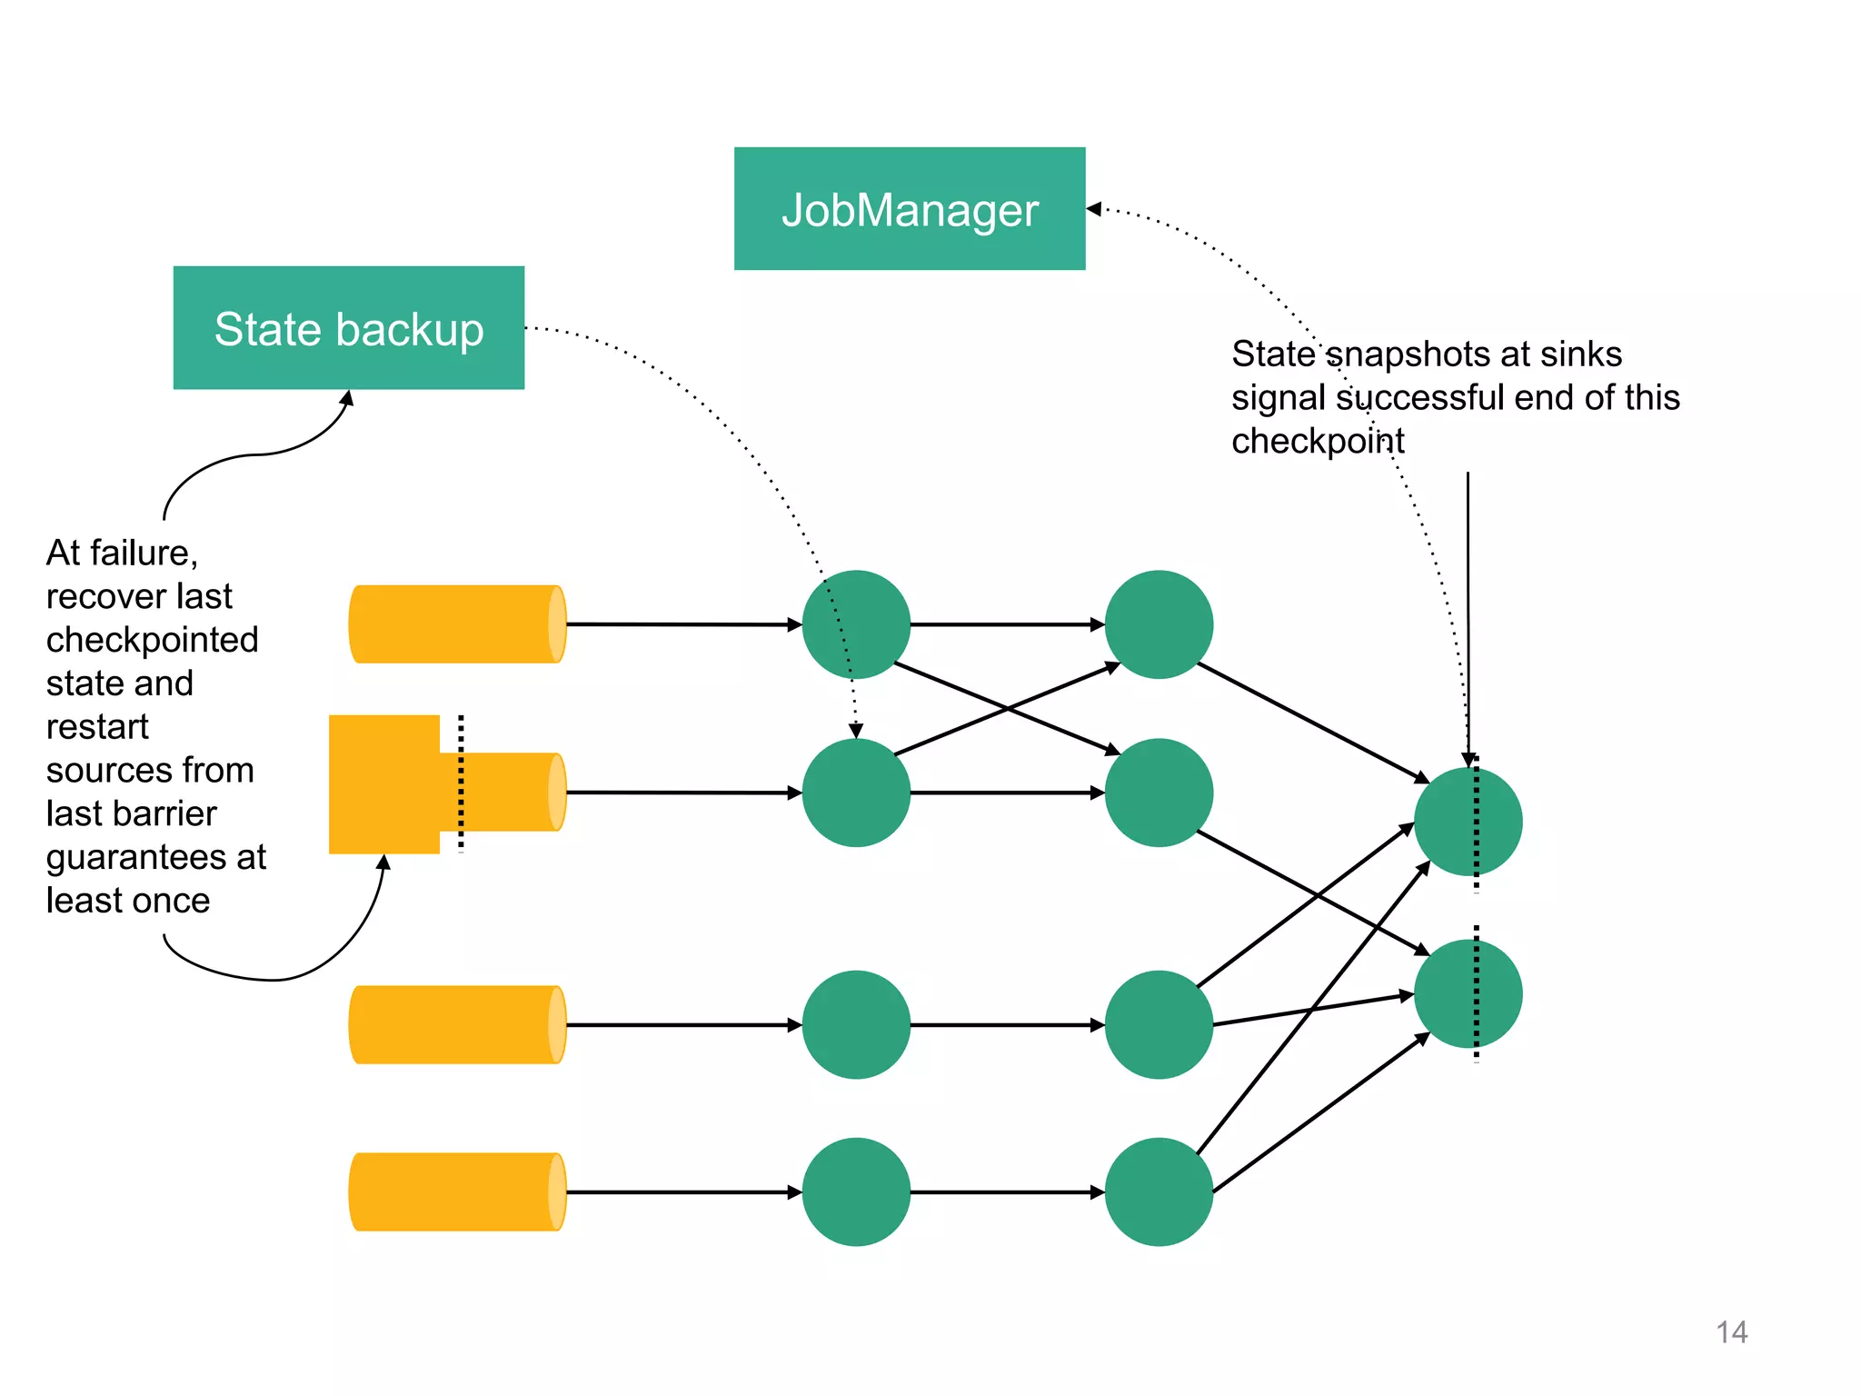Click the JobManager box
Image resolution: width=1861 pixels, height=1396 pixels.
[909, 209]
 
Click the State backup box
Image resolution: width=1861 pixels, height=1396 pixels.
[348, 328]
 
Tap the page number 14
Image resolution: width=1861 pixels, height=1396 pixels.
[1731, 1332]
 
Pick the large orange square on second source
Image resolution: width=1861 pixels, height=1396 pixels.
[383, 784]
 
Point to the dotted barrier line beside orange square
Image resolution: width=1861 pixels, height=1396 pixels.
[461, 783]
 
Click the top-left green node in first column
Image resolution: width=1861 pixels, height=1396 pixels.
[856, 624]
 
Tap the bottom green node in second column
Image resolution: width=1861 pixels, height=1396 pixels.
[1159, 1192]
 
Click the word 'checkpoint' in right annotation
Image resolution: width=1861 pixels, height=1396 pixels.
[1317, 442]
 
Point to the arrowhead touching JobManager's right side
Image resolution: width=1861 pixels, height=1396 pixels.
[1094, 209]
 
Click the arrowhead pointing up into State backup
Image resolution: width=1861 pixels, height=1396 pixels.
[347, 397]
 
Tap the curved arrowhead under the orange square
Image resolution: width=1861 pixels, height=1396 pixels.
[384, 863]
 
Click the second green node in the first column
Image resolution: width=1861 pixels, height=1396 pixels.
[856, 793]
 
